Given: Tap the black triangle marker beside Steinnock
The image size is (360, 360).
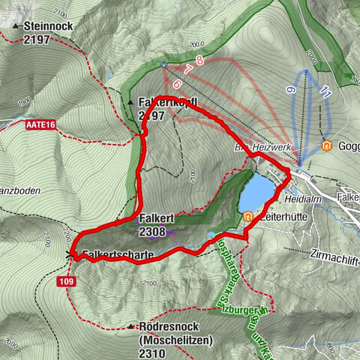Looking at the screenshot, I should (16, 25).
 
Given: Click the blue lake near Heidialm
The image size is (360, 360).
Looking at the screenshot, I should (257, 193).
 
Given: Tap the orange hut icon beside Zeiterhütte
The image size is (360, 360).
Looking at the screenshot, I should (247, 217).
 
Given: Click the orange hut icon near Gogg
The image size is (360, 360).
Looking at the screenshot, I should (326, 145).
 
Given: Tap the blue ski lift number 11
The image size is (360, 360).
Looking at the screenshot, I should (324, 92).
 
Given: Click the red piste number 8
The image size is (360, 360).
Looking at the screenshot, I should (199, 59).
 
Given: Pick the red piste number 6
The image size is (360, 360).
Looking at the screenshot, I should (177, 84).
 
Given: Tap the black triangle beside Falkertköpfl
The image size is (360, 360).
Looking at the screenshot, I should (130, 101).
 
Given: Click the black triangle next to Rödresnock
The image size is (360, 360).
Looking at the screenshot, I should (131, 327).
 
